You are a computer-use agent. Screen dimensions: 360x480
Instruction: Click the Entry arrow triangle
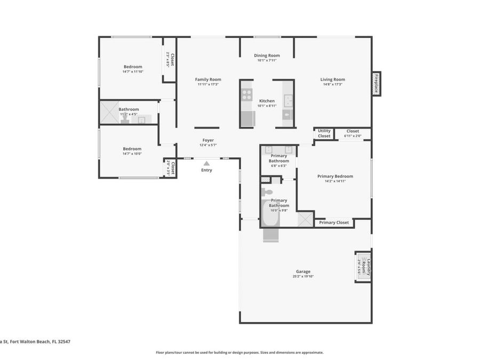click(x=206, y=164)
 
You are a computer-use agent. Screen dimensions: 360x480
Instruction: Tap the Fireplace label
click(x=376, y=84)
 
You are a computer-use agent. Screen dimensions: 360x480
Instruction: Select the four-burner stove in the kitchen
click(x=247, y=95)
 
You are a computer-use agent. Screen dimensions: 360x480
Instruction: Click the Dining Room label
click(x=267, y=55)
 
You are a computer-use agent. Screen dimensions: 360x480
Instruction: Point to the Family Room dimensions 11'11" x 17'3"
click(x=208, y=84)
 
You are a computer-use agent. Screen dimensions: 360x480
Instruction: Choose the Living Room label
click(x=332, y=79)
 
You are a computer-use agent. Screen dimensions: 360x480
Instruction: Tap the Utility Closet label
click(x=324, y=133)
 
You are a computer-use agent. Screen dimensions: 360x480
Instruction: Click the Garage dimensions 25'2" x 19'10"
click(x=303, y=276)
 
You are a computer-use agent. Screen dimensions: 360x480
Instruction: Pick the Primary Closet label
click(x=334, y=222)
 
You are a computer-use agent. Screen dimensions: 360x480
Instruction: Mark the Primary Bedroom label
click(x=335, y=176)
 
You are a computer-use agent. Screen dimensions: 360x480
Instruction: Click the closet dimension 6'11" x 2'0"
click(x=353, y=136)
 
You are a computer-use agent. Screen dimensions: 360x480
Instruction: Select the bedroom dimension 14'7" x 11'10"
click(x=133, y=71)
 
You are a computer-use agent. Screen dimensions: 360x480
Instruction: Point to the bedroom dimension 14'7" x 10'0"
click(x=132, y=154)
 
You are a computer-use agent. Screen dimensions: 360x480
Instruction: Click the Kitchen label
click(x=267, y=101)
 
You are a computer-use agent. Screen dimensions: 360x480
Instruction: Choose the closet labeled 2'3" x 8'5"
click(x=170, y=59)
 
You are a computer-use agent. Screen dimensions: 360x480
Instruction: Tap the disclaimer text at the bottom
click(x=239, y=353)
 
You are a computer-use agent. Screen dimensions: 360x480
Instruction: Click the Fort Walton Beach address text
click(x=35, y=342)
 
